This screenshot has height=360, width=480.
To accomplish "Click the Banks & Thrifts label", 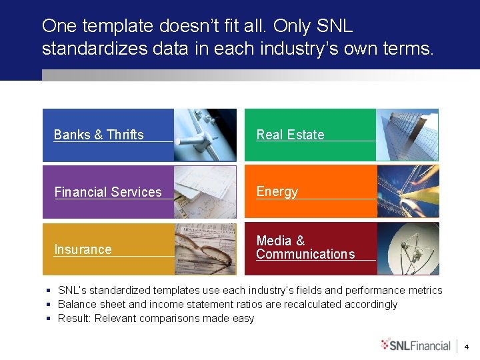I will pos(99,135).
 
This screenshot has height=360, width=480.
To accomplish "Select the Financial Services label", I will pos(108,192).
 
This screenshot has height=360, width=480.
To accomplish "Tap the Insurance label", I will pos(83,249).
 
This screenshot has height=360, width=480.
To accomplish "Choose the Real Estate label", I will pos(290,135).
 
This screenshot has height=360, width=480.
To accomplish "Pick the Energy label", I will pos(277,192).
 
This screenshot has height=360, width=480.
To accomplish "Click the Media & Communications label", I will pos(305,247).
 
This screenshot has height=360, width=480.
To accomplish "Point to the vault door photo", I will pos(205,135).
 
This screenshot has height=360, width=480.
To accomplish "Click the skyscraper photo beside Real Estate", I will pos(407,135).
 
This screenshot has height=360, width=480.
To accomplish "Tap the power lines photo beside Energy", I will pos(407,192).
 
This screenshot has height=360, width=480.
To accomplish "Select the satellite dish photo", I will pos(407,249).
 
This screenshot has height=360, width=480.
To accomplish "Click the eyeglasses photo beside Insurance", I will pos(205,249).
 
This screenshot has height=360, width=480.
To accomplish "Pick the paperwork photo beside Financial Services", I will pos(205,192).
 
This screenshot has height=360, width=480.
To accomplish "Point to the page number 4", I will pos(466,347).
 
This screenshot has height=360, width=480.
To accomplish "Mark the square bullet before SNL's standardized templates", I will pos(49,291).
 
